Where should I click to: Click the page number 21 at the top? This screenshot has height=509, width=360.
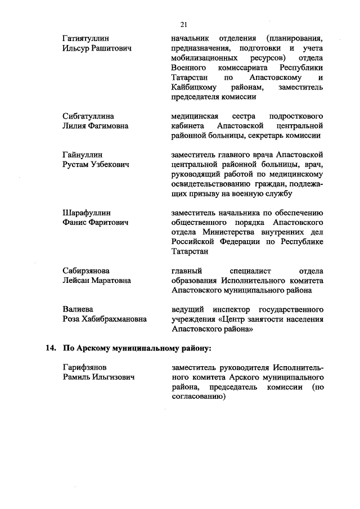tap(183, 24)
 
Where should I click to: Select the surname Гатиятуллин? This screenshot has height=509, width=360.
tap(85, 39)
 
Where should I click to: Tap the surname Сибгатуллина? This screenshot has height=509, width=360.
tap(88, 116)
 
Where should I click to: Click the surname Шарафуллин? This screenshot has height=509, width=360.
tap(87, 213)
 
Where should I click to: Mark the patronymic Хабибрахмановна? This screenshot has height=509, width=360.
tap(116, 319)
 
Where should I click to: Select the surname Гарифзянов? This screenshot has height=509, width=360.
tap(85, 367)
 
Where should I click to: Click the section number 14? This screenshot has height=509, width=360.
tap(51, 348)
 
